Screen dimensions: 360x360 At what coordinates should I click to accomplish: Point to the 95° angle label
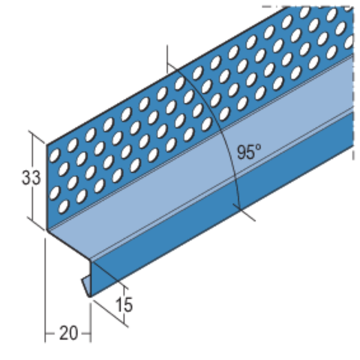pos(249,152)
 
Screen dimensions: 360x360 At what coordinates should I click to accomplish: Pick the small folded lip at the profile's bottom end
pos(85,283)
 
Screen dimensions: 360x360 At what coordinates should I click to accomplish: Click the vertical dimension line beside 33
pos(34,177)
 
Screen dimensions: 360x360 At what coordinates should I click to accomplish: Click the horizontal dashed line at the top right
pos(309,5)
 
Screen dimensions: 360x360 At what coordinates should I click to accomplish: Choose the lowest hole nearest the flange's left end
pos(64,208)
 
